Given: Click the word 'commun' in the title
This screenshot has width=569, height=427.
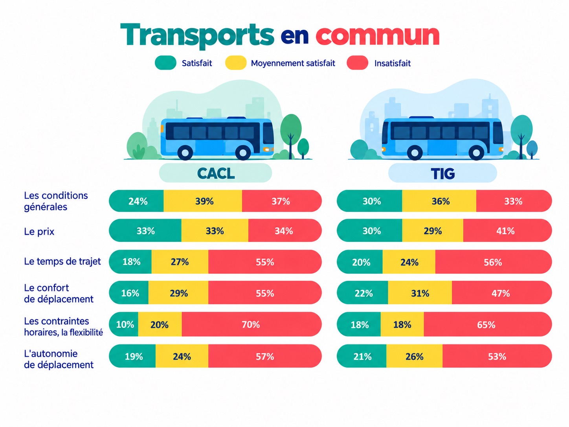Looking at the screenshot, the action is (377, 35).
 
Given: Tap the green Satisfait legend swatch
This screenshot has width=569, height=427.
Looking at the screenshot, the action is (165, 63).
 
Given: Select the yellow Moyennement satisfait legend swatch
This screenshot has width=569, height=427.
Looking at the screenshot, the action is (236, 63).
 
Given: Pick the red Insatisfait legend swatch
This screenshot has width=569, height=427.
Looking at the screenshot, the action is (358, 63).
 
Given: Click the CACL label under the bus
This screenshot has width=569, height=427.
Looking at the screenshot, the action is (216, 173).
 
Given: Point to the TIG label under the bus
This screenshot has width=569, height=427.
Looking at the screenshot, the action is (443, 173).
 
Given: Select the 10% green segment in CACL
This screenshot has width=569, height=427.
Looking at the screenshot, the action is (123, 324).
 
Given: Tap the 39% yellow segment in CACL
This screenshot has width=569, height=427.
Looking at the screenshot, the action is (203, 201).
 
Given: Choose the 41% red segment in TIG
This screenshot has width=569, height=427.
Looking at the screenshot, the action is (508, 230).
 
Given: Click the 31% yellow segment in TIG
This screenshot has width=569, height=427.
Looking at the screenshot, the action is (420, 293).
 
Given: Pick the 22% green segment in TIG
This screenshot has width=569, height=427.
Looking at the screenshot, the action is (362, 293).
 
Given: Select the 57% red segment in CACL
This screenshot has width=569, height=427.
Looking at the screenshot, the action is (265, 356).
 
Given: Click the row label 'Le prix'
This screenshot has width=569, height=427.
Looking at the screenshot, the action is (39, 231).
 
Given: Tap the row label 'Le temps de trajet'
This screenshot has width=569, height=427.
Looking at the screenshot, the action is (62, 261).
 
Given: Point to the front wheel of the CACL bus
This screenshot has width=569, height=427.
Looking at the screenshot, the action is (243, 153).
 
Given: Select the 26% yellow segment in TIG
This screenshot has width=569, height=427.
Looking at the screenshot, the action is (415, 356).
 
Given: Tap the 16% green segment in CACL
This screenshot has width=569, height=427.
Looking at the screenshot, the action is (129, 293).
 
